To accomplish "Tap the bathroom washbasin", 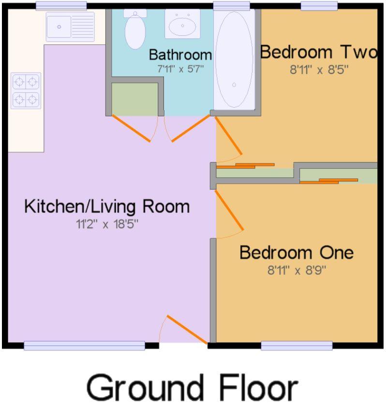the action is pos(182,24).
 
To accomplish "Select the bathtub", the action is pos(234,59).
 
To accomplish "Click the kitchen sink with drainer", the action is pos(70,27).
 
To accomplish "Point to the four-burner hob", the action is pos(26,91).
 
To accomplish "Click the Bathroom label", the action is pos(180,55).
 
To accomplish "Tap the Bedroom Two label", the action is pos(319,52).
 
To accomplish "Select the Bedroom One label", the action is pos(297,252).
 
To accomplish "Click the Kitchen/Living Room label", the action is pos(107,207).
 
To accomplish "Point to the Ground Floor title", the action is pos(193,387).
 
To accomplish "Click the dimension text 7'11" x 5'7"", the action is pos(180,69).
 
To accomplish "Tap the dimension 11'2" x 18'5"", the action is pos(107,224).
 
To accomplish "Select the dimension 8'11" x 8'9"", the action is pos(297,271).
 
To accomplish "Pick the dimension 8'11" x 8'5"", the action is pos(319,70).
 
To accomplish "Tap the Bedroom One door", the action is pos(229,210).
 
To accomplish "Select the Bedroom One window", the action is pos(297,346).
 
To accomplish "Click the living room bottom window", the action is pos(84,346).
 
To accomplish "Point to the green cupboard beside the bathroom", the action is pos(134,99).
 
